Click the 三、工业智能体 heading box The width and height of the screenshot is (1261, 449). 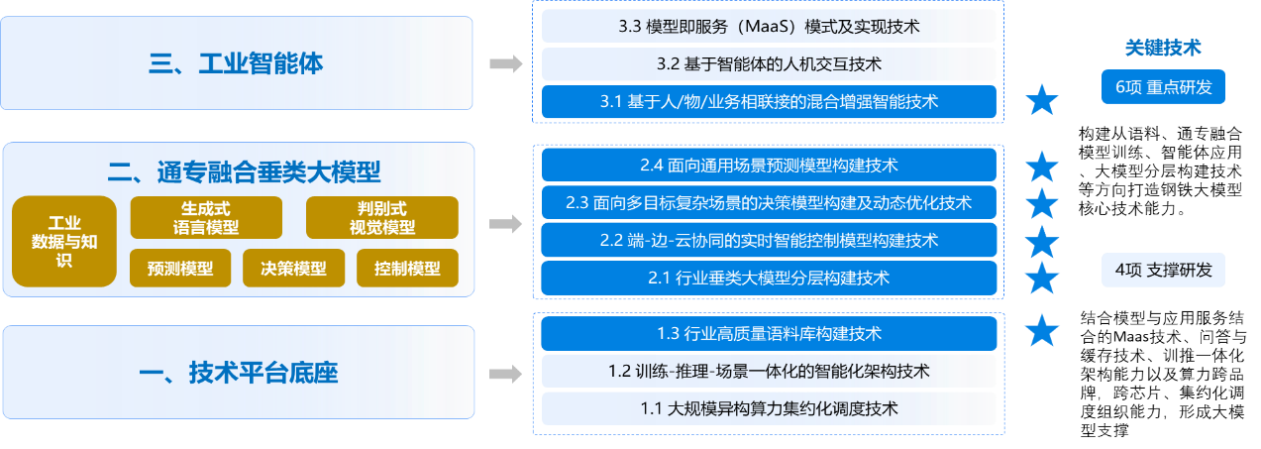(x=237, y=64)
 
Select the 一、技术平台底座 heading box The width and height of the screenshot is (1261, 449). (x=237, y=374)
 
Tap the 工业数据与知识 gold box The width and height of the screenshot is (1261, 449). (x=64, y=242)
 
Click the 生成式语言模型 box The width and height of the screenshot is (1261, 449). (x=206, y=218)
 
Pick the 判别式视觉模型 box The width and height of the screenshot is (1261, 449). (x=381, y=218)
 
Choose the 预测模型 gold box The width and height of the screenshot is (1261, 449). (x=179, y=268)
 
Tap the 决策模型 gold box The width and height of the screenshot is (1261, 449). (x=293, y=268)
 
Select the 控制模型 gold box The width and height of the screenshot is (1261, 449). (x=407, y=268)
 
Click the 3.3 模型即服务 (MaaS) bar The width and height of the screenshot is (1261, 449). (x=769, y=26)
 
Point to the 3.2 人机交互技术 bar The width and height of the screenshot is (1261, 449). (x=769, y=63)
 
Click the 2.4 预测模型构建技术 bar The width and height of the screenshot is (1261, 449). (x=769, y=165)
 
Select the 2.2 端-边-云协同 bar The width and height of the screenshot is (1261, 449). (x=769, y=240)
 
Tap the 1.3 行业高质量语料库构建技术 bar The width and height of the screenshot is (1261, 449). (x=769, y=333)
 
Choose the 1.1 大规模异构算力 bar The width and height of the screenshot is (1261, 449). (x=769, y=407)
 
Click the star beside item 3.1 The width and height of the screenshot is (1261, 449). (x=1041, y=101)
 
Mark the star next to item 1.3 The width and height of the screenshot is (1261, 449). (x=1041, y=330)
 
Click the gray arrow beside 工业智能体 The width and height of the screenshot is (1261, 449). (x=506, y=64)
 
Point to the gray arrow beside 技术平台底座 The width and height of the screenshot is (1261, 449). (x=506, y=374)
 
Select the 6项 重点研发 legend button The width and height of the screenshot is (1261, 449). (x=1163, y=87)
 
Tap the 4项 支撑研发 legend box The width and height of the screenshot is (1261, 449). (x=1163, y=270)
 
